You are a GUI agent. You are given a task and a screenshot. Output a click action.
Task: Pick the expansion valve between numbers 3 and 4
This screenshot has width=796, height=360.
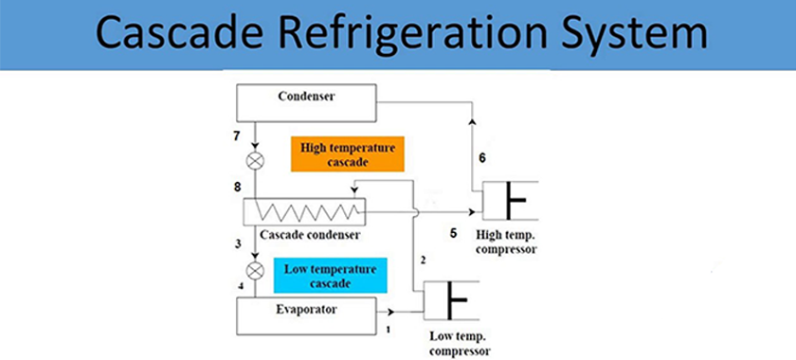(x=254, y=269)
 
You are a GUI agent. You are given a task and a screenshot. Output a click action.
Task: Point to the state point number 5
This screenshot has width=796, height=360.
(x=453, y=232)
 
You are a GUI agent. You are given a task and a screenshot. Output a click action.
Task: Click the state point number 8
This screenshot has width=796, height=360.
(x=237, y=188)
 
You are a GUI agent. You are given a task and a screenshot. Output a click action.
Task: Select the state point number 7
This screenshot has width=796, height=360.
(x=237, y=136)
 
